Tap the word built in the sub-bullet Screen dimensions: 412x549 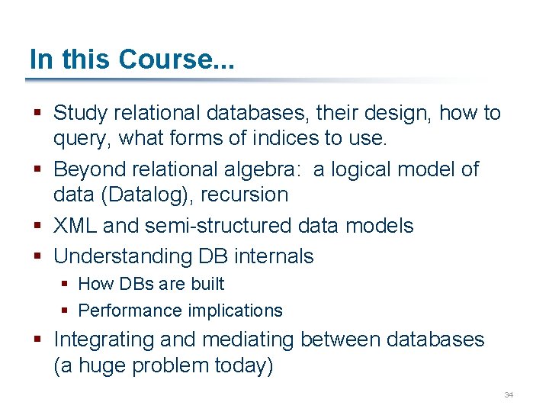[207, 284]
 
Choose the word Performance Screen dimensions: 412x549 [125, 311]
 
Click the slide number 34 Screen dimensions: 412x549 [509, 394]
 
